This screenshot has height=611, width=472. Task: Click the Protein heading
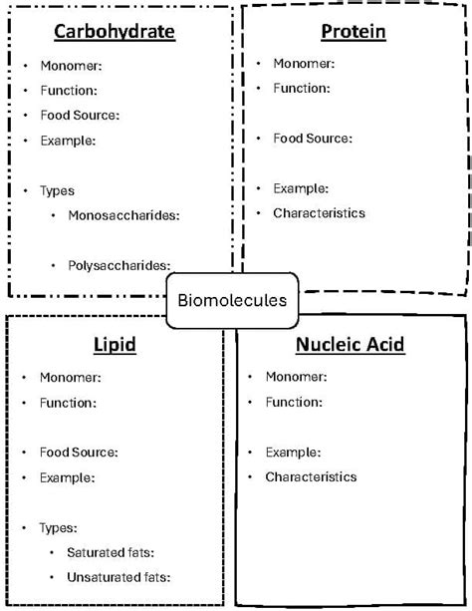click(354, 32)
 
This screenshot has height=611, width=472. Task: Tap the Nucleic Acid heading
click(350, 345)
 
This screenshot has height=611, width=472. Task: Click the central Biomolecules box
click(232, 300)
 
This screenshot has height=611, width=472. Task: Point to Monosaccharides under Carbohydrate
click(130, 214)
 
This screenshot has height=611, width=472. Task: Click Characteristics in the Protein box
click(319, 212)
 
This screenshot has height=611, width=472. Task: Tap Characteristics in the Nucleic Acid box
click(311, 476)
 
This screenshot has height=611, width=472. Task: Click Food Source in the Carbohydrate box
click(80, 115)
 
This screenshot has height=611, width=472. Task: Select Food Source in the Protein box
click(313, 138)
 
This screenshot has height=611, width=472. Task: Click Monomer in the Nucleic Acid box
click(295, 376)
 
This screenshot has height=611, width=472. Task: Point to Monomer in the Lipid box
click(69, 377)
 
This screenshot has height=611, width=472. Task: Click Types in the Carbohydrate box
click(57, 190)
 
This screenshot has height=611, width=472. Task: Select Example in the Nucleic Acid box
click(293, 452)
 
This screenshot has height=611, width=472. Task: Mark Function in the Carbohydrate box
click(68, 90)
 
